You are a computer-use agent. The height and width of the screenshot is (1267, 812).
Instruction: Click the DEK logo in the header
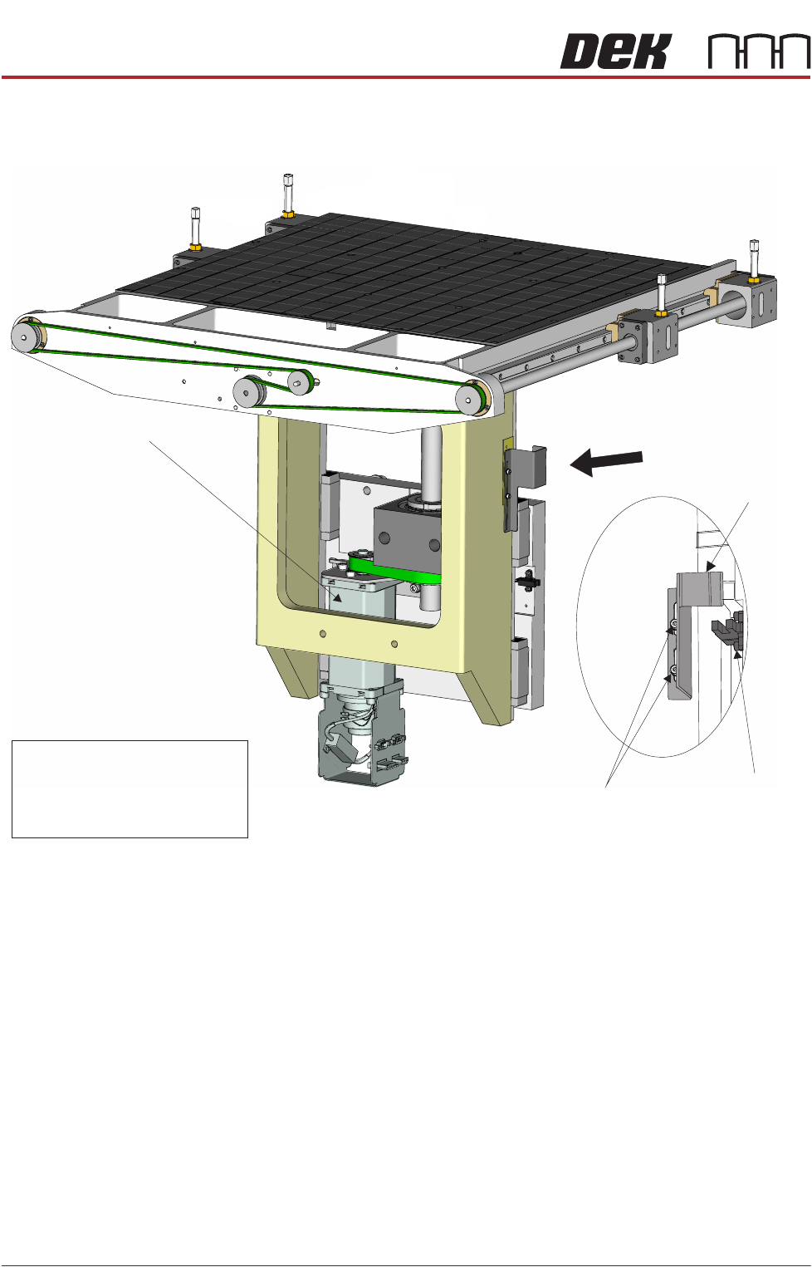(615, 52)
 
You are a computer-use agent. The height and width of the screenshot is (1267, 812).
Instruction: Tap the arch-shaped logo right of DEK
(759, 52)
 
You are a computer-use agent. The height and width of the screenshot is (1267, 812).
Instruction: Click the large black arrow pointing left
(606, 463)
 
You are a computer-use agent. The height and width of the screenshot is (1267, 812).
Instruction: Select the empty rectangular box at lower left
(130, 788)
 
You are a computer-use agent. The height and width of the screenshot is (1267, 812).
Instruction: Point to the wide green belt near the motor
(395, 572)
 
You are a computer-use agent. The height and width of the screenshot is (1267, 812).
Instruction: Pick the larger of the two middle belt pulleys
(248, 390)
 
